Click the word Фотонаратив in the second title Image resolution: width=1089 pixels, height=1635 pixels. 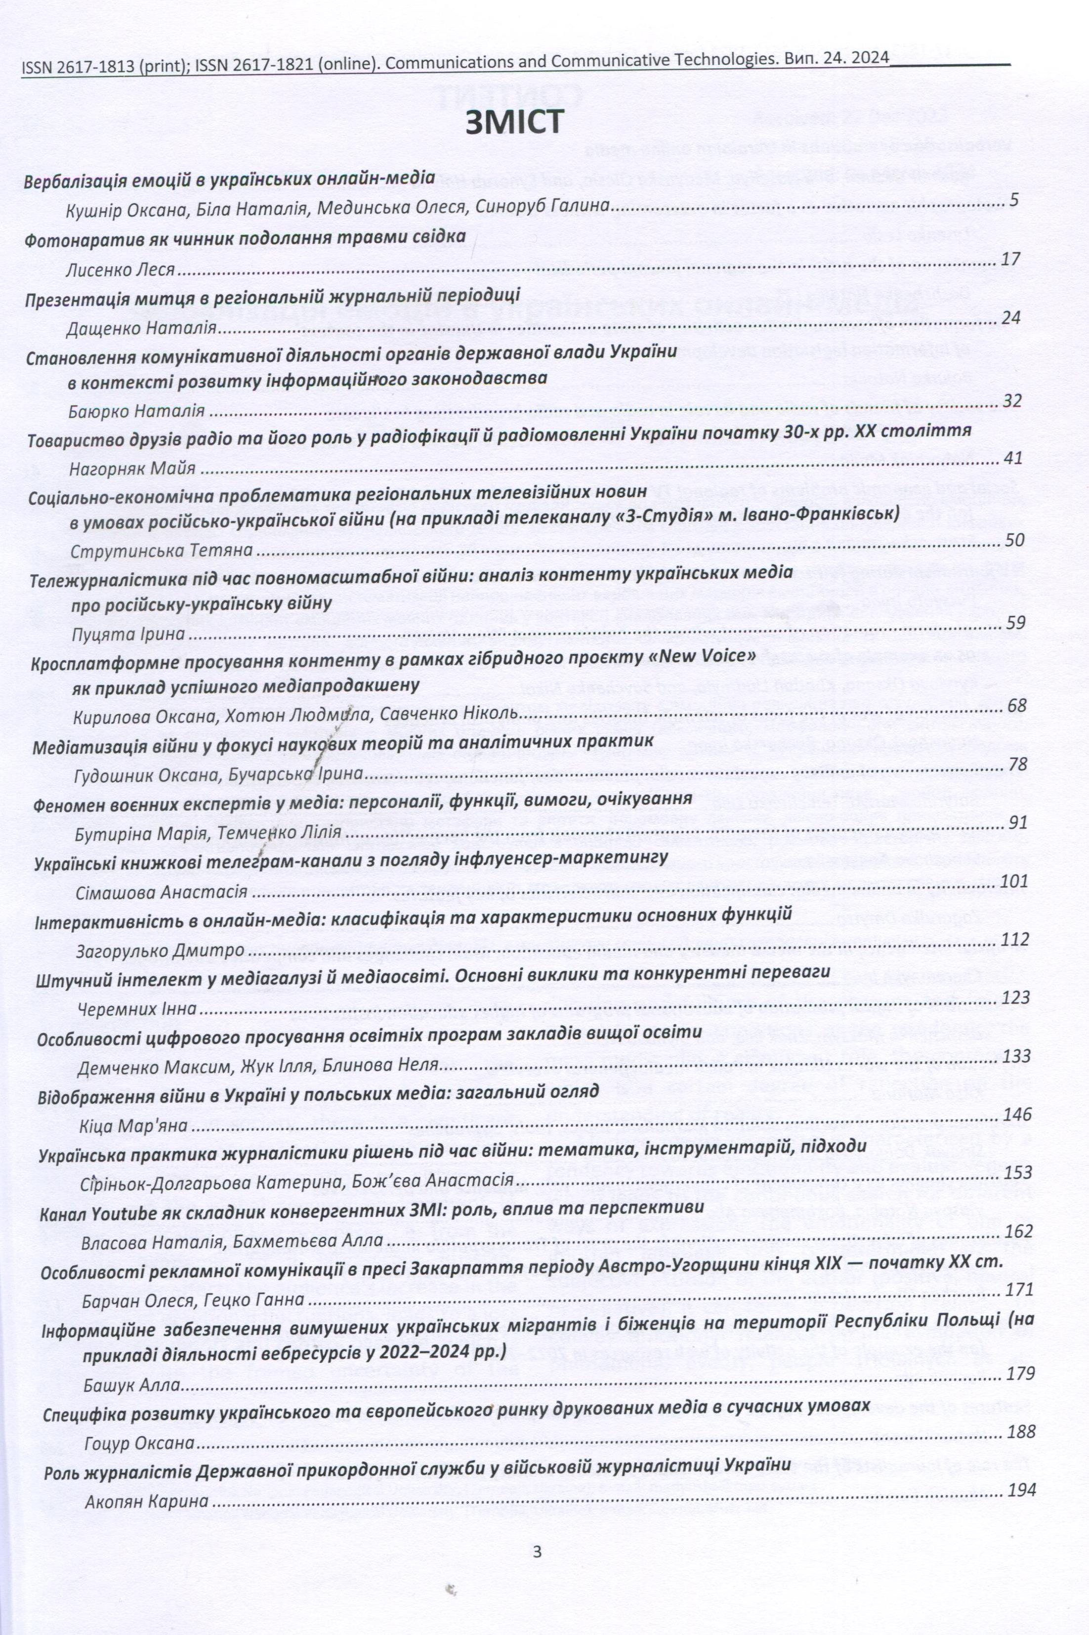pos(73,240)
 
